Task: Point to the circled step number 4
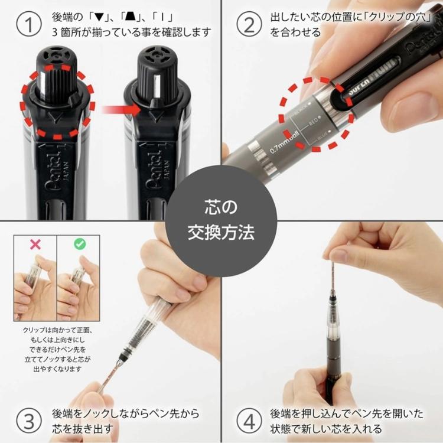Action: click(249, 421)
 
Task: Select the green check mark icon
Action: click(79, 243)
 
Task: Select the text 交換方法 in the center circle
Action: click(221, 232)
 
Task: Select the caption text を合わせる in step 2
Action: click(294, 32)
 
